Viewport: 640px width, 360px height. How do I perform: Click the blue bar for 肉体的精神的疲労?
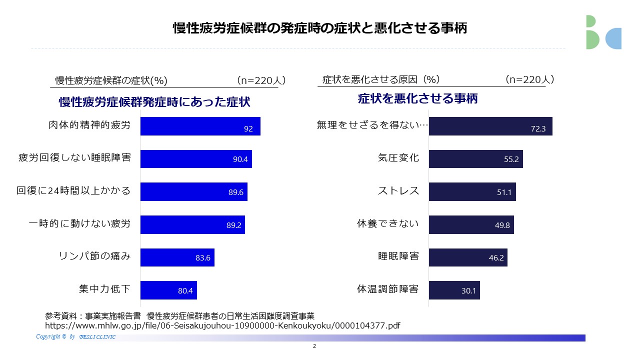pyautogui.click(x=200, y=126)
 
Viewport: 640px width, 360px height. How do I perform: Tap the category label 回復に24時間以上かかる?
pyautogui.click(x=73, y=190)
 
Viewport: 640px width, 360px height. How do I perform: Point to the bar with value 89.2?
pyautogui.click(x=192, y=224)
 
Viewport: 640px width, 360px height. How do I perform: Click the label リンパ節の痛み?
pyautogui.click(x=94, y=256)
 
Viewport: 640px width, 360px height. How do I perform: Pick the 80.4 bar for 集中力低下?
pyautogui.click(x=168, y=290)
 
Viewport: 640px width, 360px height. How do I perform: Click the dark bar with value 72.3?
pyautogui.click(x=490, y=126)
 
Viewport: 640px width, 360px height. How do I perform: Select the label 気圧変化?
pyautogui.click(x=398, y=158)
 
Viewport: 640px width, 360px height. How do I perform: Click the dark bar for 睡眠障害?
pyautogui.click(x=467, y=257)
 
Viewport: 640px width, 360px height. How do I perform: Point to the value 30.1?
pyautogui.click(x=468, y=290)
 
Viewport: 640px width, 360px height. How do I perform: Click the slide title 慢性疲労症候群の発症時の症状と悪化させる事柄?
pyautogui.click(x=320, y=28)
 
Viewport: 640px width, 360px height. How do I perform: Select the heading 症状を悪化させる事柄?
pyautogui.click(x=417, y=98)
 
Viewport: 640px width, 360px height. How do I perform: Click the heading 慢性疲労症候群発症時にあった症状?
pyautogui.click(x=154, y=102)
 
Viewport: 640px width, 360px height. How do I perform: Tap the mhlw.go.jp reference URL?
pyautogui.click(x=222, y=325)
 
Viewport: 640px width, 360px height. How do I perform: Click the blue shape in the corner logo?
pyautogui.click(x=613, y=39)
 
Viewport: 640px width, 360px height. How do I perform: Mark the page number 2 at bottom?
pyautogui.click(x=314, y=346)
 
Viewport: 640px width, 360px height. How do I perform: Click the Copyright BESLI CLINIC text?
pyautogui.click(x=75, y=337)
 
